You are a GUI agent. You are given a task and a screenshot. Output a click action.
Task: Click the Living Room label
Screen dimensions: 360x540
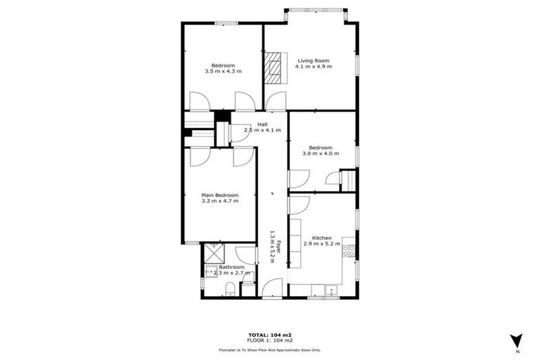tap(314, 60)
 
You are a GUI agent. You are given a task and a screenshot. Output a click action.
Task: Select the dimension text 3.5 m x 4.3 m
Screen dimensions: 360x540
tap(223, 71)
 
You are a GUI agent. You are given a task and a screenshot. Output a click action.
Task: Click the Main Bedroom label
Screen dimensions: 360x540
tap(220, 195)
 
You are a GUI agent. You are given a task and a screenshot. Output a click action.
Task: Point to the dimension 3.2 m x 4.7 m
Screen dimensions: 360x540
tap(220, 201)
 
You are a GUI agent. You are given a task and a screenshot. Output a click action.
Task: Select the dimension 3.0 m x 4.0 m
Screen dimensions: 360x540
tap(321, 153)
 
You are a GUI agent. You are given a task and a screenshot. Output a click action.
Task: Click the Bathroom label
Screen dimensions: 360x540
tap(231, 267)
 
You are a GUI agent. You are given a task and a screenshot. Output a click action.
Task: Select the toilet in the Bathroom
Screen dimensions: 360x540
tap(230, 288)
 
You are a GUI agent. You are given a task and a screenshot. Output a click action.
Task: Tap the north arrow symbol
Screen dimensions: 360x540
tap(517, 339)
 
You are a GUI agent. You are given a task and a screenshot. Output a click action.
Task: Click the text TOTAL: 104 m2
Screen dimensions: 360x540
tap(269, 335)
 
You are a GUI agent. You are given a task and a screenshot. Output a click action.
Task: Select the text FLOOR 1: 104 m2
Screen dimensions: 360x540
tap(269, 341)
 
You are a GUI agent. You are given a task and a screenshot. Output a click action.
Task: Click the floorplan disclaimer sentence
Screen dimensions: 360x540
tap(269, 349)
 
